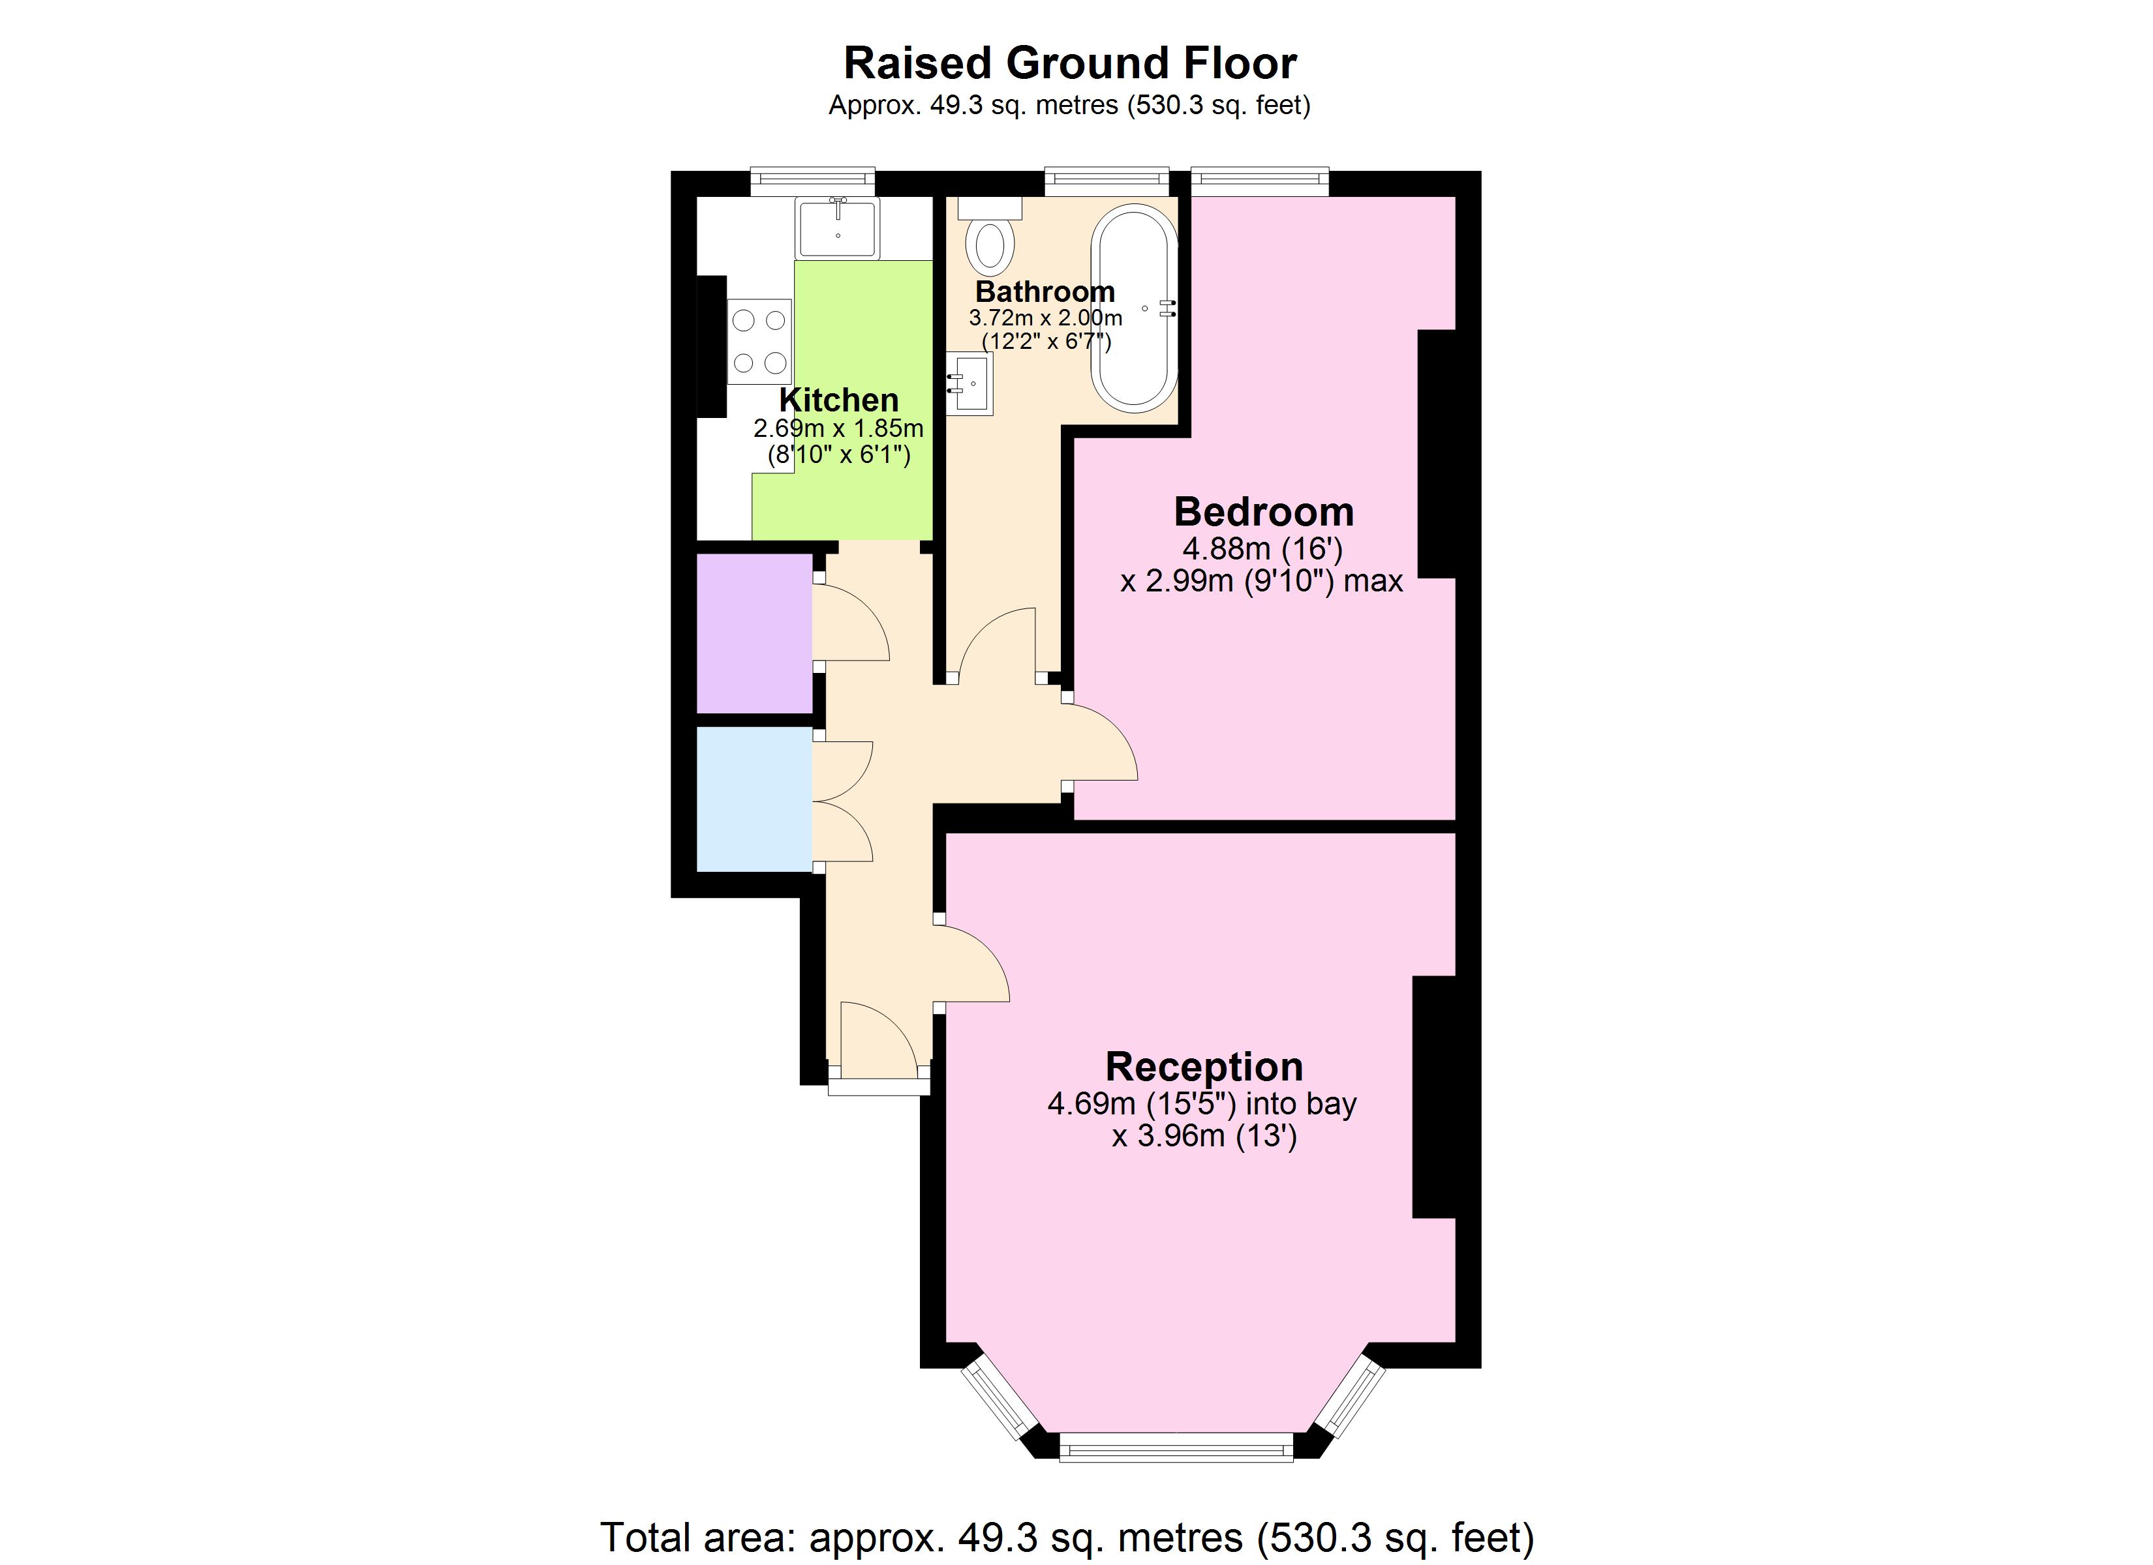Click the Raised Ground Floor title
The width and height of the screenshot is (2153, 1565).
pos(1070,64)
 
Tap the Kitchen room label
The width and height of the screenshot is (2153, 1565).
pos(838,400)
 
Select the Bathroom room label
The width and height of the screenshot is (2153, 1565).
pos(1045,291)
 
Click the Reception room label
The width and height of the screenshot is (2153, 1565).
pos(1204,1067)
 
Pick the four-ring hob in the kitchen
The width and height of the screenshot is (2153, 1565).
pos(759,342)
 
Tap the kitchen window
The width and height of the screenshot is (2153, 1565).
pos(813,181)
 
